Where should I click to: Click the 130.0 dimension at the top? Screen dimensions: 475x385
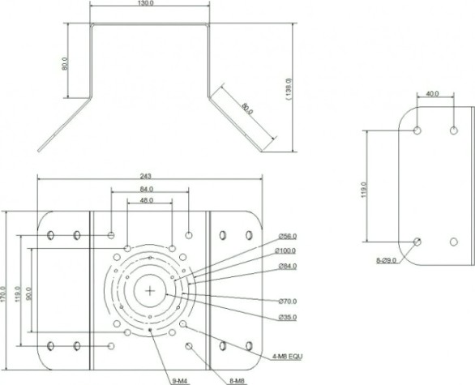[x=146, y=3]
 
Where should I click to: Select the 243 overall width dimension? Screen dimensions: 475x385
[x=145, y=176]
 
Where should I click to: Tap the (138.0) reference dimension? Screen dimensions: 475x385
[x=288, y=89]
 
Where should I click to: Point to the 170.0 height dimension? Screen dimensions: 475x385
[x=3, y=294]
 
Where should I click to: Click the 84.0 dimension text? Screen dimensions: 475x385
[x=147, y=190]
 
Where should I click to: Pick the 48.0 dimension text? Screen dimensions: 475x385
[x=147, y=200]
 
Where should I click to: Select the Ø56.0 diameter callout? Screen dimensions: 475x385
[x=288, y=237]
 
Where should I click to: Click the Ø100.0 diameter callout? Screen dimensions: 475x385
[x=285, y=250]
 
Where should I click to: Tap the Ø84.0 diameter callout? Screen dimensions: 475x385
[x=288, y=267]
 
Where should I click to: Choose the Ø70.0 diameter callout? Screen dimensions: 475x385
[x=288, y=301]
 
